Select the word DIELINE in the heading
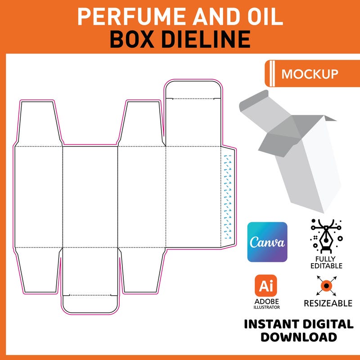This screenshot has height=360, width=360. [206, 39]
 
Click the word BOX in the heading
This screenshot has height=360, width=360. [130, 39]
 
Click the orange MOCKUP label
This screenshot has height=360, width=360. [310, 74]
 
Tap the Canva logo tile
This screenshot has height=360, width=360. [267, 242]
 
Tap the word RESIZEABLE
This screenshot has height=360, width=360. [328, 303]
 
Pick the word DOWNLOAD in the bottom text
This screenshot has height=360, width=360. [299, 337]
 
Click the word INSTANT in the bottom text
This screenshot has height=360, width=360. [275, 324]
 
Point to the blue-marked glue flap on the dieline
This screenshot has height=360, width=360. [228, 196]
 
